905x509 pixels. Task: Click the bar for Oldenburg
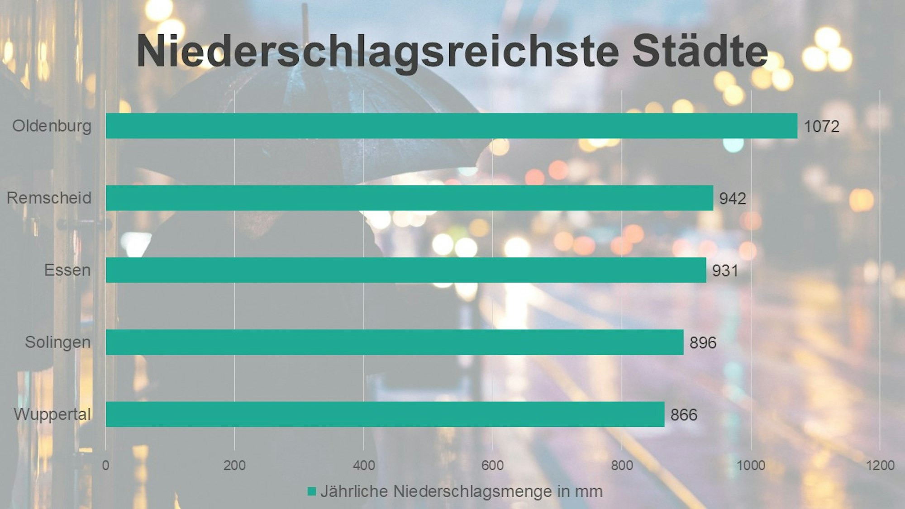tap(452, 126)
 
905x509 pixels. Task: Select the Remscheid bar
tap(410, 198)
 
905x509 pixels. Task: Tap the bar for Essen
tap(406, 270)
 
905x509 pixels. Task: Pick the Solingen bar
tap(395, 342)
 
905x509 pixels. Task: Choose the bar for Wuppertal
tap(385, 414)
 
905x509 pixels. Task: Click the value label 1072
tap(821, 126)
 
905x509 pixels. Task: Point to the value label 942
tap(733, 198)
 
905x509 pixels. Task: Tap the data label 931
tap(725, 271)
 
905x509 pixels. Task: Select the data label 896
tap(703, 343)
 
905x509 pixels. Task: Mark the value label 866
tap(684, 414)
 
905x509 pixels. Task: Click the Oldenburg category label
tap(52, 126)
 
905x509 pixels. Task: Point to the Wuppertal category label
tap(52, 414)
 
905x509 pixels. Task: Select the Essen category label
tap(67, 270)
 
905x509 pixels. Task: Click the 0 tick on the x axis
tap(105, 465)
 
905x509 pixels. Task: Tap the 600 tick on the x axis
tap(492, 465)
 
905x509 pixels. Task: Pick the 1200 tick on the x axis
tap(880, 465)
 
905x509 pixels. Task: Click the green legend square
tap(311, 491)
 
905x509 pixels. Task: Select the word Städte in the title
tap(700, 51)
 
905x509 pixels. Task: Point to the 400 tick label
tap(364, 465)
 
